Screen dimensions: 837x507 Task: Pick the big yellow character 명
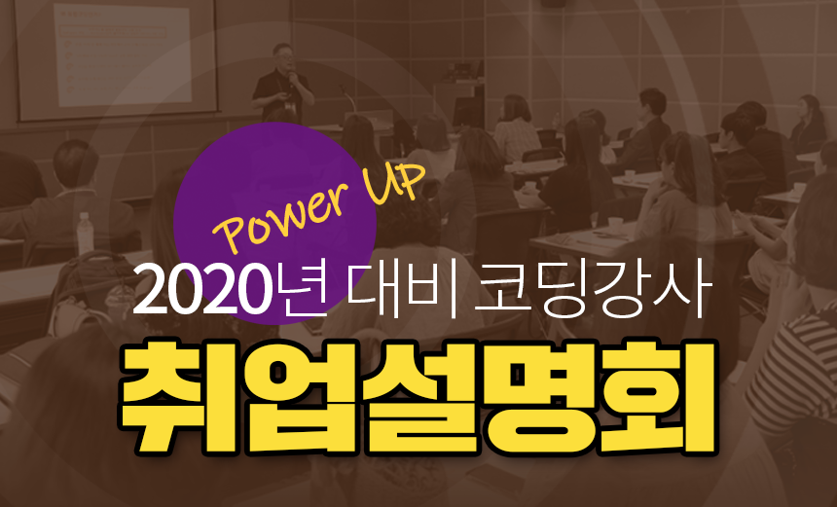tap(538, 398)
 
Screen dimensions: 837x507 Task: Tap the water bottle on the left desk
tap(85, 234)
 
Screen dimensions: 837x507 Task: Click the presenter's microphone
tap(291, 79)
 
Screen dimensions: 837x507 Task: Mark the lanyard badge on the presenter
tap(290, 105)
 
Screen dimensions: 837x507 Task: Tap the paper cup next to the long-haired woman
tap(615, 225)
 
